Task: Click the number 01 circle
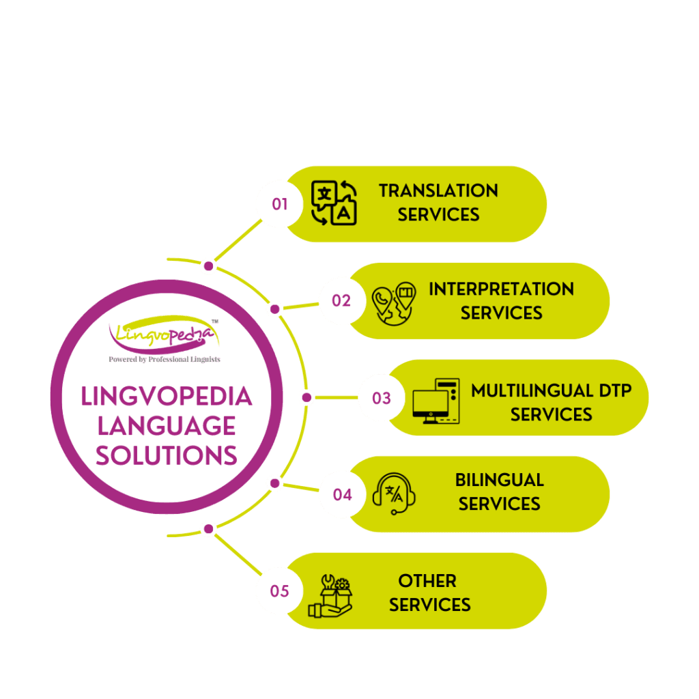280,204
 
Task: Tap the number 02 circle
341,301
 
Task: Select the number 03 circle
381,398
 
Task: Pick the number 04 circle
341,494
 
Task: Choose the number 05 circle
279,591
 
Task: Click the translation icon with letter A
334,203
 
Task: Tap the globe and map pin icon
394,303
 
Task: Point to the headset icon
394,493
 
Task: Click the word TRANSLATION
438,190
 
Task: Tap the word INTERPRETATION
501,289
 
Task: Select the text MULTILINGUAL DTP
551,391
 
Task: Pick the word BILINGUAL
499,480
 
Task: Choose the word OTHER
427,581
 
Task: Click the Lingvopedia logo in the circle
164,333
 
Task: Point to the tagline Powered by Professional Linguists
165,359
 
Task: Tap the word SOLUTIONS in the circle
167,455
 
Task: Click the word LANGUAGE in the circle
167,427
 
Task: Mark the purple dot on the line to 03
306,397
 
